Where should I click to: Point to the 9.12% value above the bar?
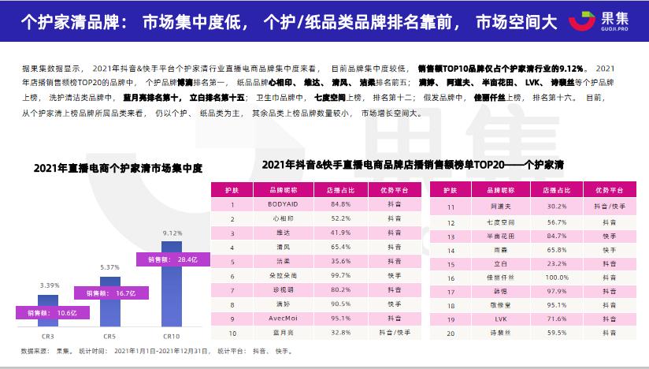172,233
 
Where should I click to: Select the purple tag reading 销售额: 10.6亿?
47,312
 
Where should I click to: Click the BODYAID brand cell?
276,204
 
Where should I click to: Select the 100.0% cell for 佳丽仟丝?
558,277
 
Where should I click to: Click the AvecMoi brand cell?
276,319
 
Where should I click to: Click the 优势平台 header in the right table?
608,190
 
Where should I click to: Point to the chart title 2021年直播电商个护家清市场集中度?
118,167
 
